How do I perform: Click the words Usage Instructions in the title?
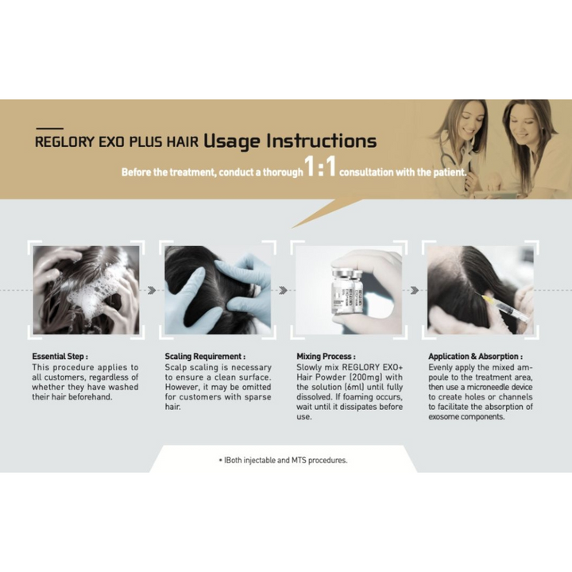point(290,141)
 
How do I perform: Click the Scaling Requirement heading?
point(205,357)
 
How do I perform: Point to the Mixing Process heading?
point(326,357)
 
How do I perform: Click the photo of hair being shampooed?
point(86,290)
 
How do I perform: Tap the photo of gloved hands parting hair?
point(218,290)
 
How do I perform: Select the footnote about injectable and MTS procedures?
point(283,460)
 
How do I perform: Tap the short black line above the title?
point(50,127)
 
